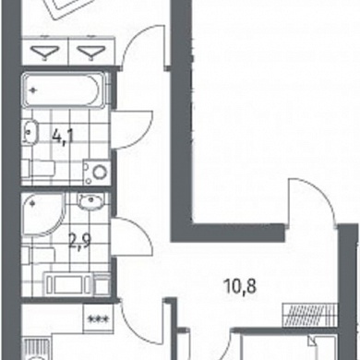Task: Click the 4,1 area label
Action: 63,137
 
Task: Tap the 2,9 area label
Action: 79,241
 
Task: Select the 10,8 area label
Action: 241,287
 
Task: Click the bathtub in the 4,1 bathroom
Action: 65,90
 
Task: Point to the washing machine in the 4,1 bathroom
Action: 97,172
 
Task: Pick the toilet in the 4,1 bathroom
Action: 38,168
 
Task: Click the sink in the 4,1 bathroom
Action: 30,132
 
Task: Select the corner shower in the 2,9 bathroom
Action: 43,214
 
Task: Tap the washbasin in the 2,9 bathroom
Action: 90,202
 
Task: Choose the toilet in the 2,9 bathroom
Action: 39,255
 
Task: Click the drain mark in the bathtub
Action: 33,90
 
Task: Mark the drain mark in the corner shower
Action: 31,202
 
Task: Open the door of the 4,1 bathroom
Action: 132,130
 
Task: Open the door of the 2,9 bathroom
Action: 132,236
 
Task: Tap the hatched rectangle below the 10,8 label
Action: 308,315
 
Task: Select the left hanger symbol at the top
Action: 45,53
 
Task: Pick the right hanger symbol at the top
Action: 90,53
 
